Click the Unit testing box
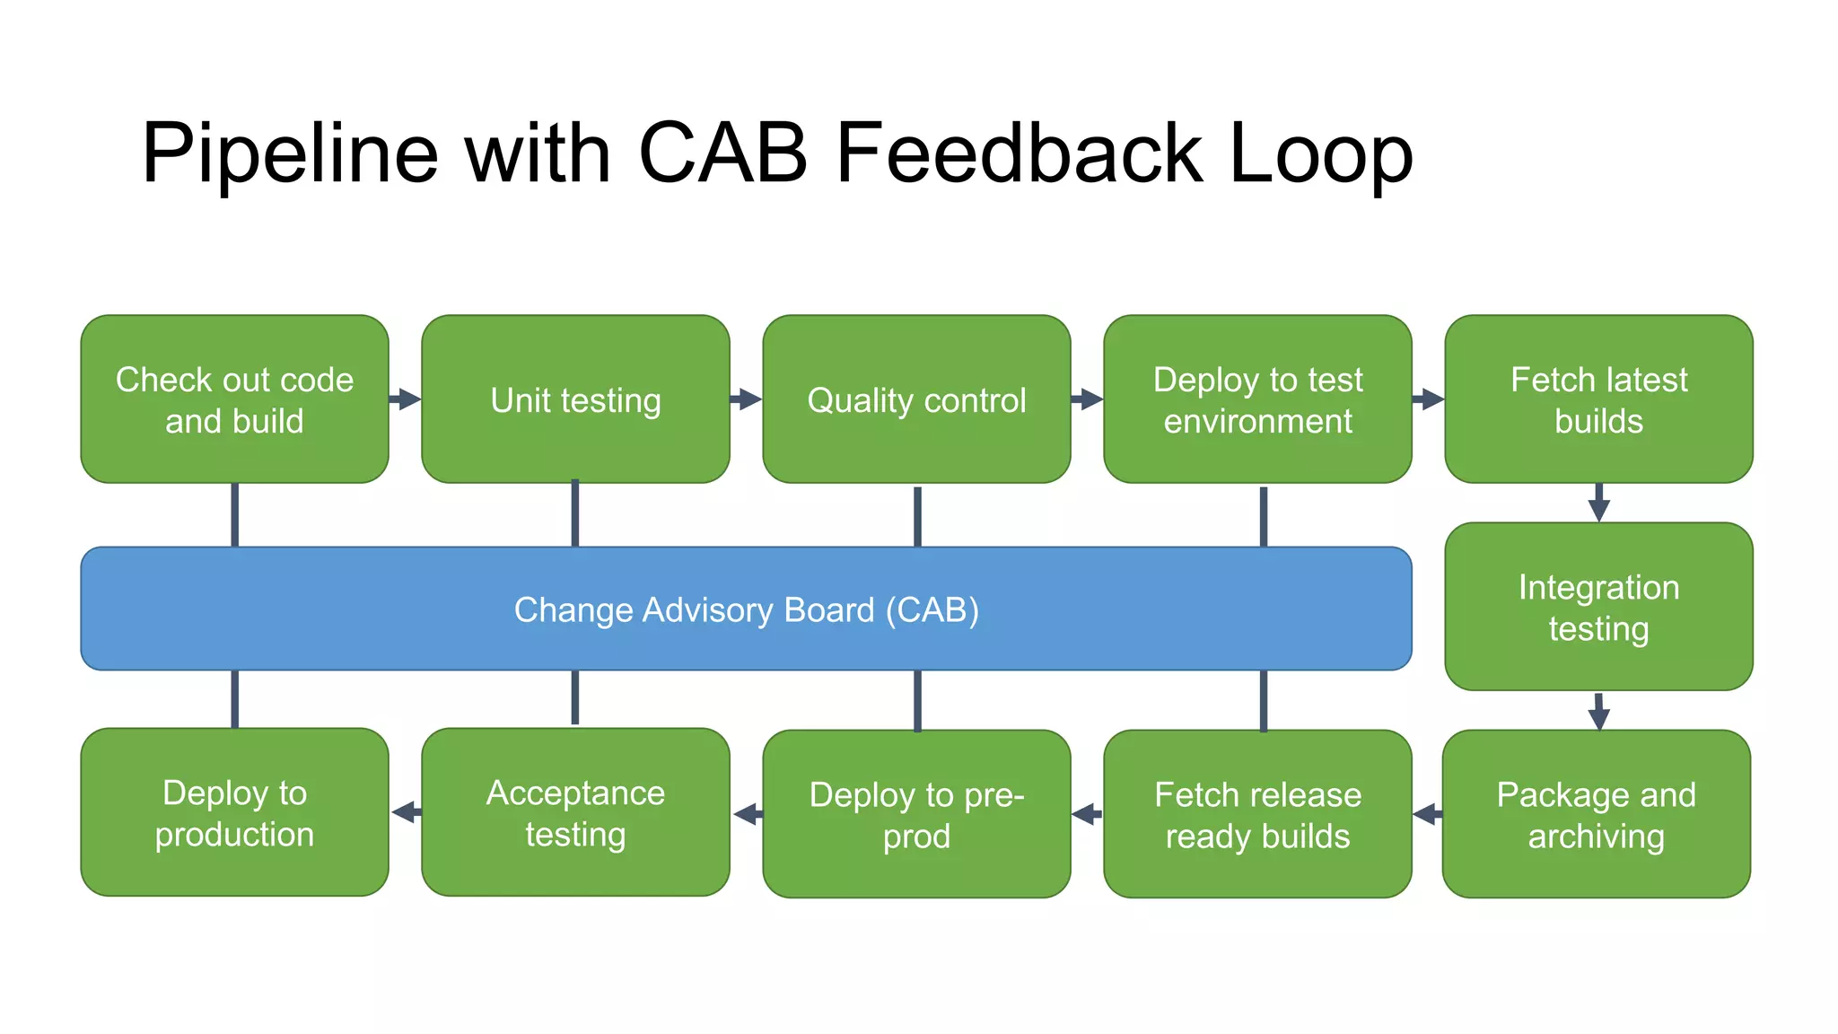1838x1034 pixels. pos(575,399)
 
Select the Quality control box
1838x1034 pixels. pos(916,399)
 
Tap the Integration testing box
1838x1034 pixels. pos(1598,607)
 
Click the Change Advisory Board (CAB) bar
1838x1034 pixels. pos(746,609)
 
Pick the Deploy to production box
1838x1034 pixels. pos(234,812)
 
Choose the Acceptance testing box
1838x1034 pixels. pos(575,812)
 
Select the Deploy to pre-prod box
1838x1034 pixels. pos(916,814)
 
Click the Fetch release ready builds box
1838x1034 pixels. pos(1257,814)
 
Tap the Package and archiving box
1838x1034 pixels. pos(1596,814)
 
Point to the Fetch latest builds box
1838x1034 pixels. pos(1598,399)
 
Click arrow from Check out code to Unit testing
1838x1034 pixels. pos(405,399)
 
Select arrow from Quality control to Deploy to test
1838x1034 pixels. pos(1087,399)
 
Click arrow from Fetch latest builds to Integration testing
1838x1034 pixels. pos(1598,503)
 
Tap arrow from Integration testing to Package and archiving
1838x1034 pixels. pos(1598,711)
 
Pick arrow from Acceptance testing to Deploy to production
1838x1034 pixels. pos(407,812)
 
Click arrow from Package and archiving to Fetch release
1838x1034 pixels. pos(1428,814)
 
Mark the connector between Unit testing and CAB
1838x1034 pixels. pos(575,514)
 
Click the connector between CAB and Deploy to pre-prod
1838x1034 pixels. pos(916,700)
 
